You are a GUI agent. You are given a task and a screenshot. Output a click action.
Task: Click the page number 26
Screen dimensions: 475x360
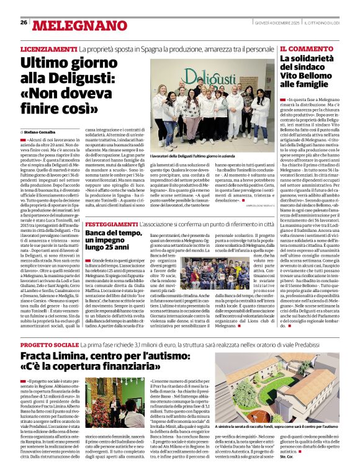24,22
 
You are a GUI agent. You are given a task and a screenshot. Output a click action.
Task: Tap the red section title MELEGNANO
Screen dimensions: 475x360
73,25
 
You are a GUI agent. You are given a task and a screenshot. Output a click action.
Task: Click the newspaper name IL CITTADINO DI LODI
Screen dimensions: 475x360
322,22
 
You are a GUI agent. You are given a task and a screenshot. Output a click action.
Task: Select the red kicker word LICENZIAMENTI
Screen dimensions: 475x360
48,48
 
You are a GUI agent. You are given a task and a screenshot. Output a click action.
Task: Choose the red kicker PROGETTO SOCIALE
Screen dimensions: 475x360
50,344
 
